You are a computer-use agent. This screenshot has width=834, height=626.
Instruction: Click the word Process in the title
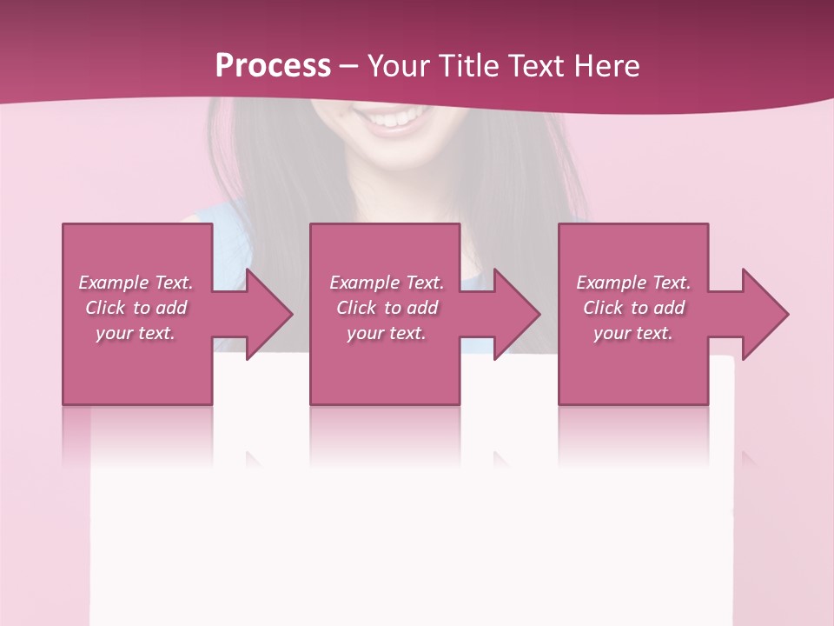pos(273,66)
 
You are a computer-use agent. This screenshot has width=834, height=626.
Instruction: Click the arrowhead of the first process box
pos(270,314)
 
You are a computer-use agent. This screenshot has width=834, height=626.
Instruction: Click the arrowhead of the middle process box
pos(518,314)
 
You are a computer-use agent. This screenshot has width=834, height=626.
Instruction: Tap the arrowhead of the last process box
pos(766,314)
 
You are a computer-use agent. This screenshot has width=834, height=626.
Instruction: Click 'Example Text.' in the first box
pos(136,283)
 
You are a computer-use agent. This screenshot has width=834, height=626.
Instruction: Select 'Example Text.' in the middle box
pos(387,283)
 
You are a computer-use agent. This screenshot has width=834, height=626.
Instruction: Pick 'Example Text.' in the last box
pos(633,283)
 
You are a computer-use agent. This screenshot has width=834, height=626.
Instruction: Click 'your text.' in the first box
pos(136,333)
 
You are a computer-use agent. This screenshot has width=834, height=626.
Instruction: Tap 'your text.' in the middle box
pos(387,333)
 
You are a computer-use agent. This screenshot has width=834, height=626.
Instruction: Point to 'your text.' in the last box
pos(633,333)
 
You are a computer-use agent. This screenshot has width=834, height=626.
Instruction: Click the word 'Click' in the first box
pos(105,308)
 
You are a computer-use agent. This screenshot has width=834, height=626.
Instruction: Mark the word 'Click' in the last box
pos(603,308)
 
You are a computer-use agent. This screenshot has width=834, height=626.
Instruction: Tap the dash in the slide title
pos(348,67)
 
